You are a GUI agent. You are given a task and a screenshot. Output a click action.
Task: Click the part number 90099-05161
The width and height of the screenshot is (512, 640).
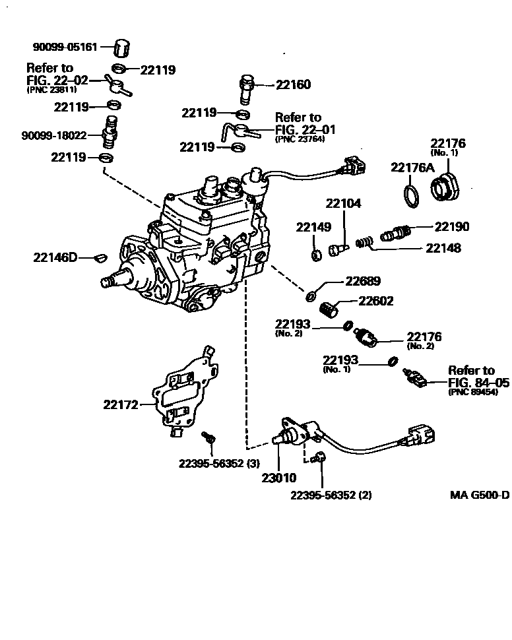(65, 48)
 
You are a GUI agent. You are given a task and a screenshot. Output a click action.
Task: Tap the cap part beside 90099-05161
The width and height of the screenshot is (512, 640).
(121, 48)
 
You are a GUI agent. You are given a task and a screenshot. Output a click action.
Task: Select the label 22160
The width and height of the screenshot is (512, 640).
(292, 85)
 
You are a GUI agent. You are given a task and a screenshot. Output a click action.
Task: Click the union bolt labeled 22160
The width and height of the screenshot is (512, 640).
(247, 88)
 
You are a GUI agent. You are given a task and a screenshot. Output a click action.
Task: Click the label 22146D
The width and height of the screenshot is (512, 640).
(55, 257)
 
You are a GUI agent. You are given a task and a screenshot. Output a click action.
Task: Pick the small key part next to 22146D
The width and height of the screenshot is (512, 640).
(100, 256)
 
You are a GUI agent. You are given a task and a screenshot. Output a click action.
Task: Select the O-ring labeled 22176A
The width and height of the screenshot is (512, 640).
(410, 195)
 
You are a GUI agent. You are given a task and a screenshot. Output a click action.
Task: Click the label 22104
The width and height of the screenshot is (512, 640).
(344, 204)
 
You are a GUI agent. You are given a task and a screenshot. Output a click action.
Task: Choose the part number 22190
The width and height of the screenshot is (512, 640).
(451, 226)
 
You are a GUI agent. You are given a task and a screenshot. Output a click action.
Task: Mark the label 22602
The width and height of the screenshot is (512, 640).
(375, 301)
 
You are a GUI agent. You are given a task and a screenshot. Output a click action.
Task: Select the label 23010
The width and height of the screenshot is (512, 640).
(278, 478)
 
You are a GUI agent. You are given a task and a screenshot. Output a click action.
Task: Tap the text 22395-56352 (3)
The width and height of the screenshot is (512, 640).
(219, 463)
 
